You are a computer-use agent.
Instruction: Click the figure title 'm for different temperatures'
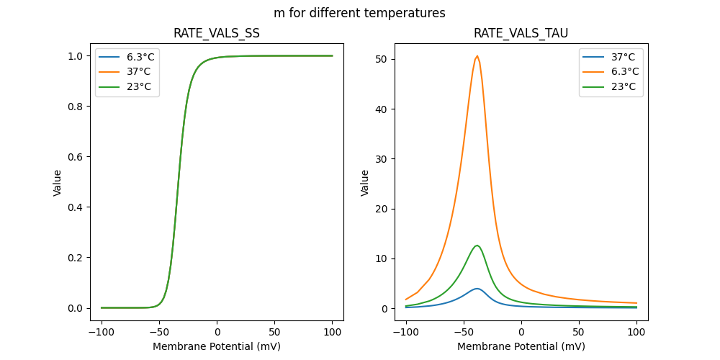click(x=359, y=13)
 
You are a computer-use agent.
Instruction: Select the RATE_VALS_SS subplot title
click(x=217, y=33)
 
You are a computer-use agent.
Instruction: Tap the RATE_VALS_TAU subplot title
click(x=521, y=33)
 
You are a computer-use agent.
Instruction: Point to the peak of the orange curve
click(x=477, y=55)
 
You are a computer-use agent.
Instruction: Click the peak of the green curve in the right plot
click(x=477, y=246)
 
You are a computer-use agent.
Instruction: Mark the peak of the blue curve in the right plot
click(x=477, y=289)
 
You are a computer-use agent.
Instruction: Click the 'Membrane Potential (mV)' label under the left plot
click(x=217, y=346)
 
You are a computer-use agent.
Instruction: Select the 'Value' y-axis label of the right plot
click(x=365, y=183)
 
